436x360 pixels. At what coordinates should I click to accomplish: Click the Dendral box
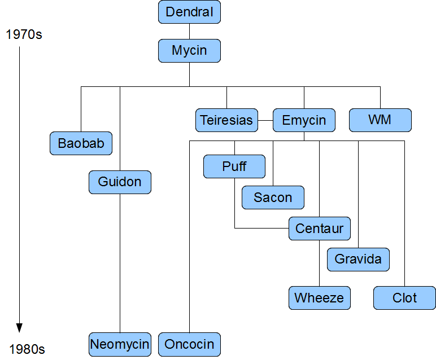(189, 12)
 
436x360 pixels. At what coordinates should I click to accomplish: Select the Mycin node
(189, 50)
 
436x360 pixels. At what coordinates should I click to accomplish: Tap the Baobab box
(81, 143)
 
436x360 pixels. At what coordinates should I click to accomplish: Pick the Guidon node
(120, 182)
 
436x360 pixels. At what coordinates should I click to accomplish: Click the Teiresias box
(226, 120)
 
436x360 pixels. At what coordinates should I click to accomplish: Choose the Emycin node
(304, 120)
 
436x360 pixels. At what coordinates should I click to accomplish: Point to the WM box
(380, 120)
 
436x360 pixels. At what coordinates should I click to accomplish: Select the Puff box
(234, 166)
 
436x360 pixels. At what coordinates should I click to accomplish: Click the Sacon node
(273, 197)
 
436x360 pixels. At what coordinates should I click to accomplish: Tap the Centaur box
(320, 229)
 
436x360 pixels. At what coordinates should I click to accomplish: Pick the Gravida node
(358, 260)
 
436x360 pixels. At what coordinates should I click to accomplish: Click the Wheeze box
(319, 298)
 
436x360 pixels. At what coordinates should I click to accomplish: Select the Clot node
(404, 298)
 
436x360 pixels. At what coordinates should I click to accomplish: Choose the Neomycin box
(120, 344)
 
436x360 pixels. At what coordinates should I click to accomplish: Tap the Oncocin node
(189, 344)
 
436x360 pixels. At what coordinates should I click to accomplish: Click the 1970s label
(24, 35)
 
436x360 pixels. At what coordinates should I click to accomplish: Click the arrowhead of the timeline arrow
(19, 328)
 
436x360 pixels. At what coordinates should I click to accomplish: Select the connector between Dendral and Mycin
(189, 31)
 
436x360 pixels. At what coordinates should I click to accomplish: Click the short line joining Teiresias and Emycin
(265, 120)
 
